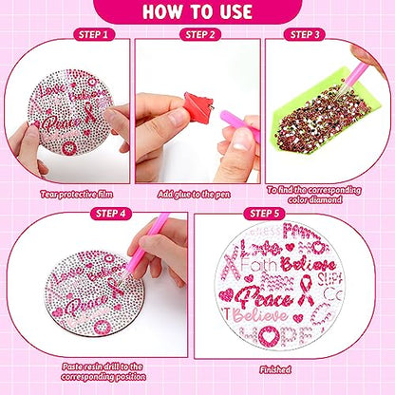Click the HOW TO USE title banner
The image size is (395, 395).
tap(197, 13)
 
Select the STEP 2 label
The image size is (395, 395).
tap(197, 35)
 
